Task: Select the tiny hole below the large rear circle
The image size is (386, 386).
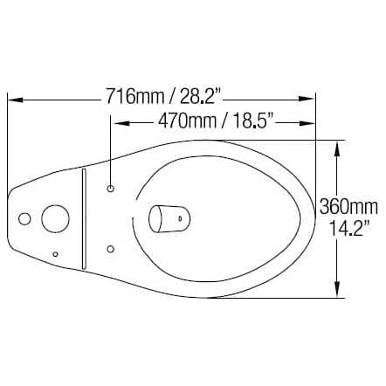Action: point(56,253)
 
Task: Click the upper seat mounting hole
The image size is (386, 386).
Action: point(110,188)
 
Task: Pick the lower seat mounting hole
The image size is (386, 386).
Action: point(110,249)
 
